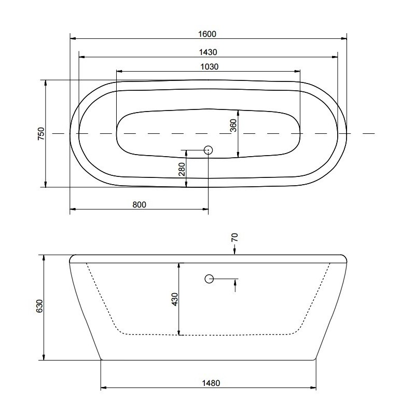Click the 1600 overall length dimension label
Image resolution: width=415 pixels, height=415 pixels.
(207, 34)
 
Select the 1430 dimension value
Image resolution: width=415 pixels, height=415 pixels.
(208, 52)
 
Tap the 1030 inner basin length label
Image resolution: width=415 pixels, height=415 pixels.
(210, 66)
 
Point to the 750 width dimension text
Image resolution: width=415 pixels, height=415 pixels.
(41, 134)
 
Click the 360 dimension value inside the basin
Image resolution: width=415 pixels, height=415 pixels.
(233, 126)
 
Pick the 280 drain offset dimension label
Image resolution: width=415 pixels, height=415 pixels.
(182, 170)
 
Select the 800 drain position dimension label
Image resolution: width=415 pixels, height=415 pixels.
(139, 204)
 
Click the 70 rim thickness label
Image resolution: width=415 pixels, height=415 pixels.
(234, 237)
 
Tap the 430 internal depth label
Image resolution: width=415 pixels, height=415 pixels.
(175, 299)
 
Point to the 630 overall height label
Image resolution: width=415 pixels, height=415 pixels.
(39, 306)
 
